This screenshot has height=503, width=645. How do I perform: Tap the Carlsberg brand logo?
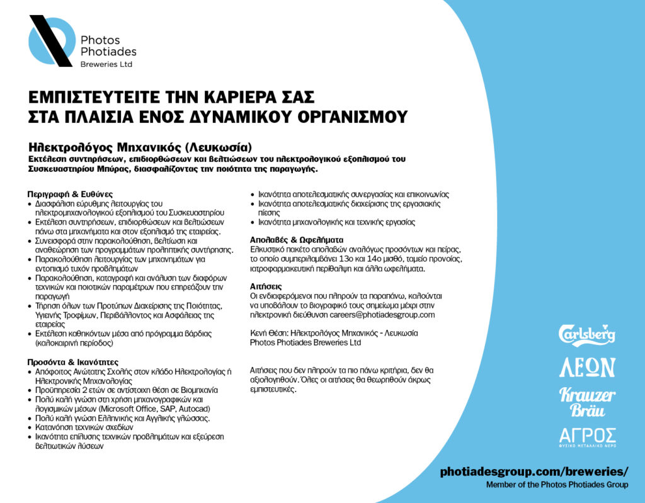pyautogui.click(x=587, y=334)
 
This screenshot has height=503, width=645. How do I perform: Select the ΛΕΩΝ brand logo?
pyautogui.click(x=587, y=366)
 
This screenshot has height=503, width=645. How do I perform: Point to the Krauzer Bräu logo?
pyautogui.click(x=587, y=402)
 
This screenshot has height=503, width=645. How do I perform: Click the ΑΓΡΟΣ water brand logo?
pyautogui.click(x=587, y=436)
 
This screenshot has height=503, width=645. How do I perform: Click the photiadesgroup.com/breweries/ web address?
pyautogui.click(x=534, y=471)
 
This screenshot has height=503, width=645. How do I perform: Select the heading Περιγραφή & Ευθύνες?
pyautogui.click(x=70, y=194)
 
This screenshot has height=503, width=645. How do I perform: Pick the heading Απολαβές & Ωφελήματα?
pyautogui.click(x=296, y=240)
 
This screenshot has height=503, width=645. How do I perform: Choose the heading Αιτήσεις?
pyautogui.click(x=265, y=286)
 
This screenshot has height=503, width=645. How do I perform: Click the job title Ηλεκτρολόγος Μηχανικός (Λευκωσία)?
pyautogui.click(x=144, y=148)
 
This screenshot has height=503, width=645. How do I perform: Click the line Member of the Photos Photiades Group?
pyautogui.click(x=557, y=485)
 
